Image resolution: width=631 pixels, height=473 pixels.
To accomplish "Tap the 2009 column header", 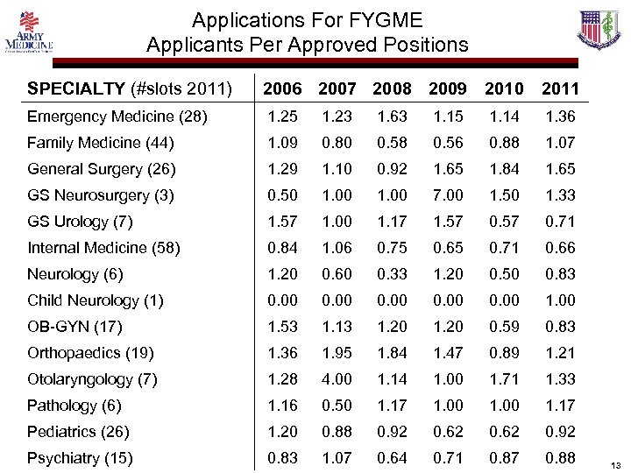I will (447, 88).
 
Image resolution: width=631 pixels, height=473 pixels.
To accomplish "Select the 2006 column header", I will (281, 88).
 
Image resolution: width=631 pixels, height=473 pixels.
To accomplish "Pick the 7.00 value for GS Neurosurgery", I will (447, 195).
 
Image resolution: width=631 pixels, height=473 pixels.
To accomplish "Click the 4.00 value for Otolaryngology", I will (337, 379).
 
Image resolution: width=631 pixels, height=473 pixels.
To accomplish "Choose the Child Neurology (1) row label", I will (95, 300).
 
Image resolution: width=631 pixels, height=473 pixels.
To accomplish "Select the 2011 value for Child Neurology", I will (560, 300).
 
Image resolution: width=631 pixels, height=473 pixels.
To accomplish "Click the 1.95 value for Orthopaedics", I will (337, 353).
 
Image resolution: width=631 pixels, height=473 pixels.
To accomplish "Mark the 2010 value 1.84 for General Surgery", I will (505, 169).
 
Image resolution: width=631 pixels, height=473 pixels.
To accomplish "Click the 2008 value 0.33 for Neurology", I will (392, 274).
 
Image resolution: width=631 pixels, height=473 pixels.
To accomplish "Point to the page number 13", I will (615, 464).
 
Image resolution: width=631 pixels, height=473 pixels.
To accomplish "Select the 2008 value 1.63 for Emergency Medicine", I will (392, 116).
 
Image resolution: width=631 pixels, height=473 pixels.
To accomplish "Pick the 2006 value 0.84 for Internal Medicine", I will (281, 248).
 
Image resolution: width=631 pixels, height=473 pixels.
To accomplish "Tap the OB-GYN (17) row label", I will (74, 327).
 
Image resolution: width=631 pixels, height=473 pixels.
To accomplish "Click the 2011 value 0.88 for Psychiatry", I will (560, 458).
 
